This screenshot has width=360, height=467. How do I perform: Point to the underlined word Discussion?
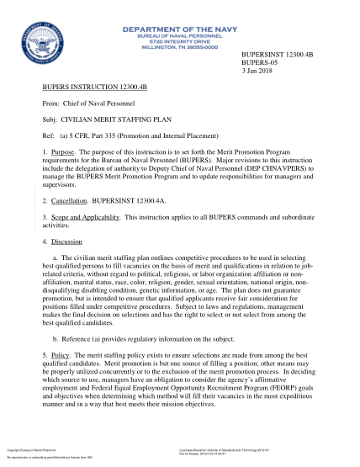[66, 241]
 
